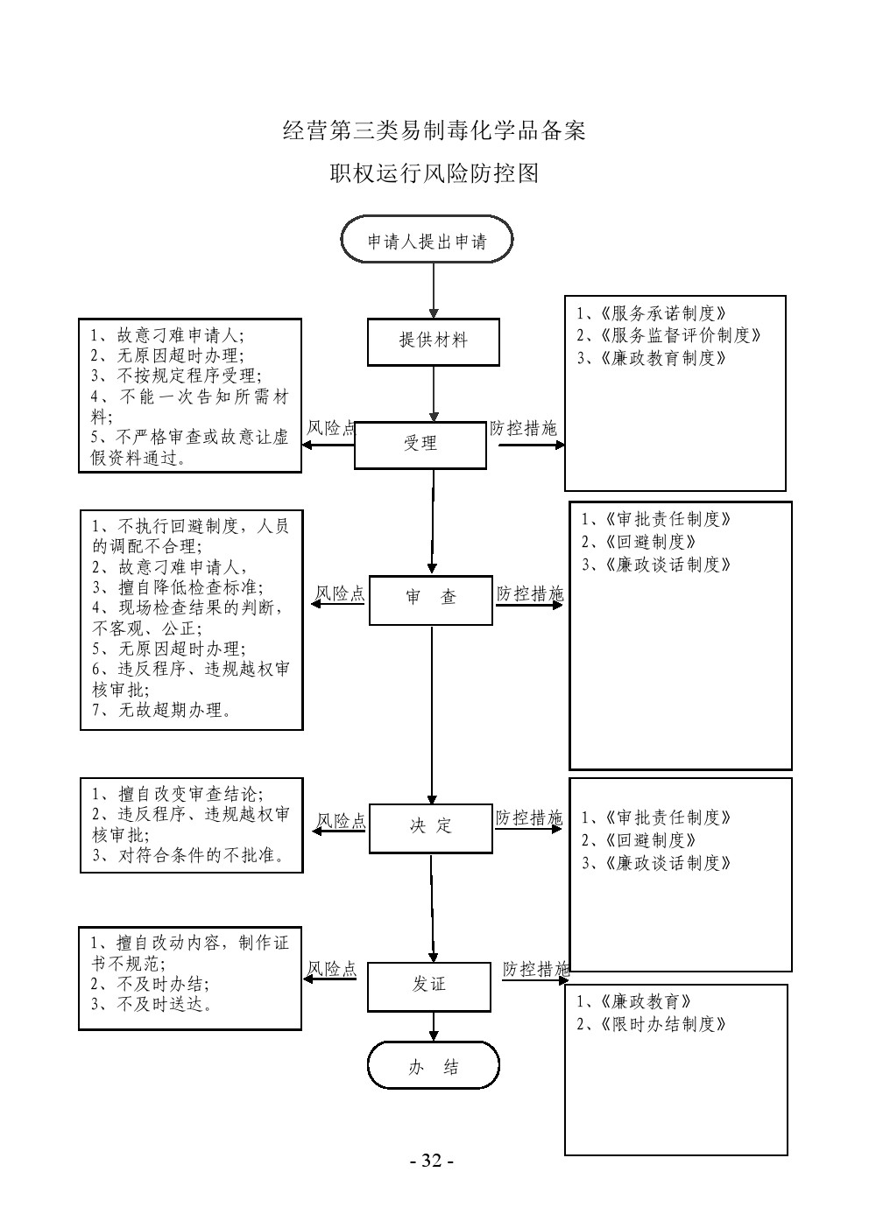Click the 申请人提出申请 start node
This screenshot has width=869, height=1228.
(x=427, y=241)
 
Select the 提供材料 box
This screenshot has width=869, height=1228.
(x=433, y=341)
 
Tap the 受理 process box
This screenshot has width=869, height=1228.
(x=420, y=445)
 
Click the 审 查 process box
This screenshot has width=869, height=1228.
(x=430, y=599)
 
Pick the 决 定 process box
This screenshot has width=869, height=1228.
(x=430, y=826)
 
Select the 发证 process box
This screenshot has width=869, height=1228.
(x=428, y=986)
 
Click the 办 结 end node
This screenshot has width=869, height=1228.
(x=433, y=1066)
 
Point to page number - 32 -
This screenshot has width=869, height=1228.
(x=432, y=1161)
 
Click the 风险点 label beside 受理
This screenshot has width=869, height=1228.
(x=330, y=429)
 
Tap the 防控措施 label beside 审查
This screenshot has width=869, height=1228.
(x=529, y=594)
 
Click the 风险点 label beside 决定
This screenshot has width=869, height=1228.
(x=341, y=821)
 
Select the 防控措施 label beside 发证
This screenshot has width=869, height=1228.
(x=535, y=969)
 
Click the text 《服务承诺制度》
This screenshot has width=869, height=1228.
(x=664, y=313)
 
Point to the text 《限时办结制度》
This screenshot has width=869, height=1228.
(x=664, y=1024)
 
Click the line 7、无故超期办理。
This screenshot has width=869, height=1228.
(x=163, y=710)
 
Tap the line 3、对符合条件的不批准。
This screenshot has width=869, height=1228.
(x=189, y=855)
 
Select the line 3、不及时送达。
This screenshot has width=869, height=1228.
(x=152, y=1005)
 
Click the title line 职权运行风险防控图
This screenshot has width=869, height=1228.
(x=434, y=173)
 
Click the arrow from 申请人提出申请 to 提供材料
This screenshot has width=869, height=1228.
(x=434, y=289)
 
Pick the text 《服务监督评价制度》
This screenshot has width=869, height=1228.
(x=681, y=335)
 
